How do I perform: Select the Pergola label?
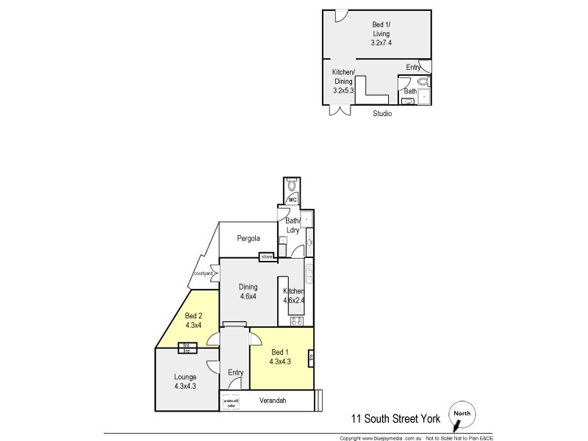(250, 238)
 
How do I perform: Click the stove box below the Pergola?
(266, 257)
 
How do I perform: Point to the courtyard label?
(203, 273)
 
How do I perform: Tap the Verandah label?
(272, 401)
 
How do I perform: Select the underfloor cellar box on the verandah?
(231, 403)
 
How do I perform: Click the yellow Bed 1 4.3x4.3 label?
(280, 356)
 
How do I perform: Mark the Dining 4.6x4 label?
(248, 292)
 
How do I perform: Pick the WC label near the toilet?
(292, 199)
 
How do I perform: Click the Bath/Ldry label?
(293, 225)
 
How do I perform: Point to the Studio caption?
(381, 114)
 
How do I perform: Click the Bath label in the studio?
(410, 91)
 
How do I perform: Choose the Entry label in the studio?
(413, 68)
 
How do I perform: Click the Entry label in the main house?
(235, 373)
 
